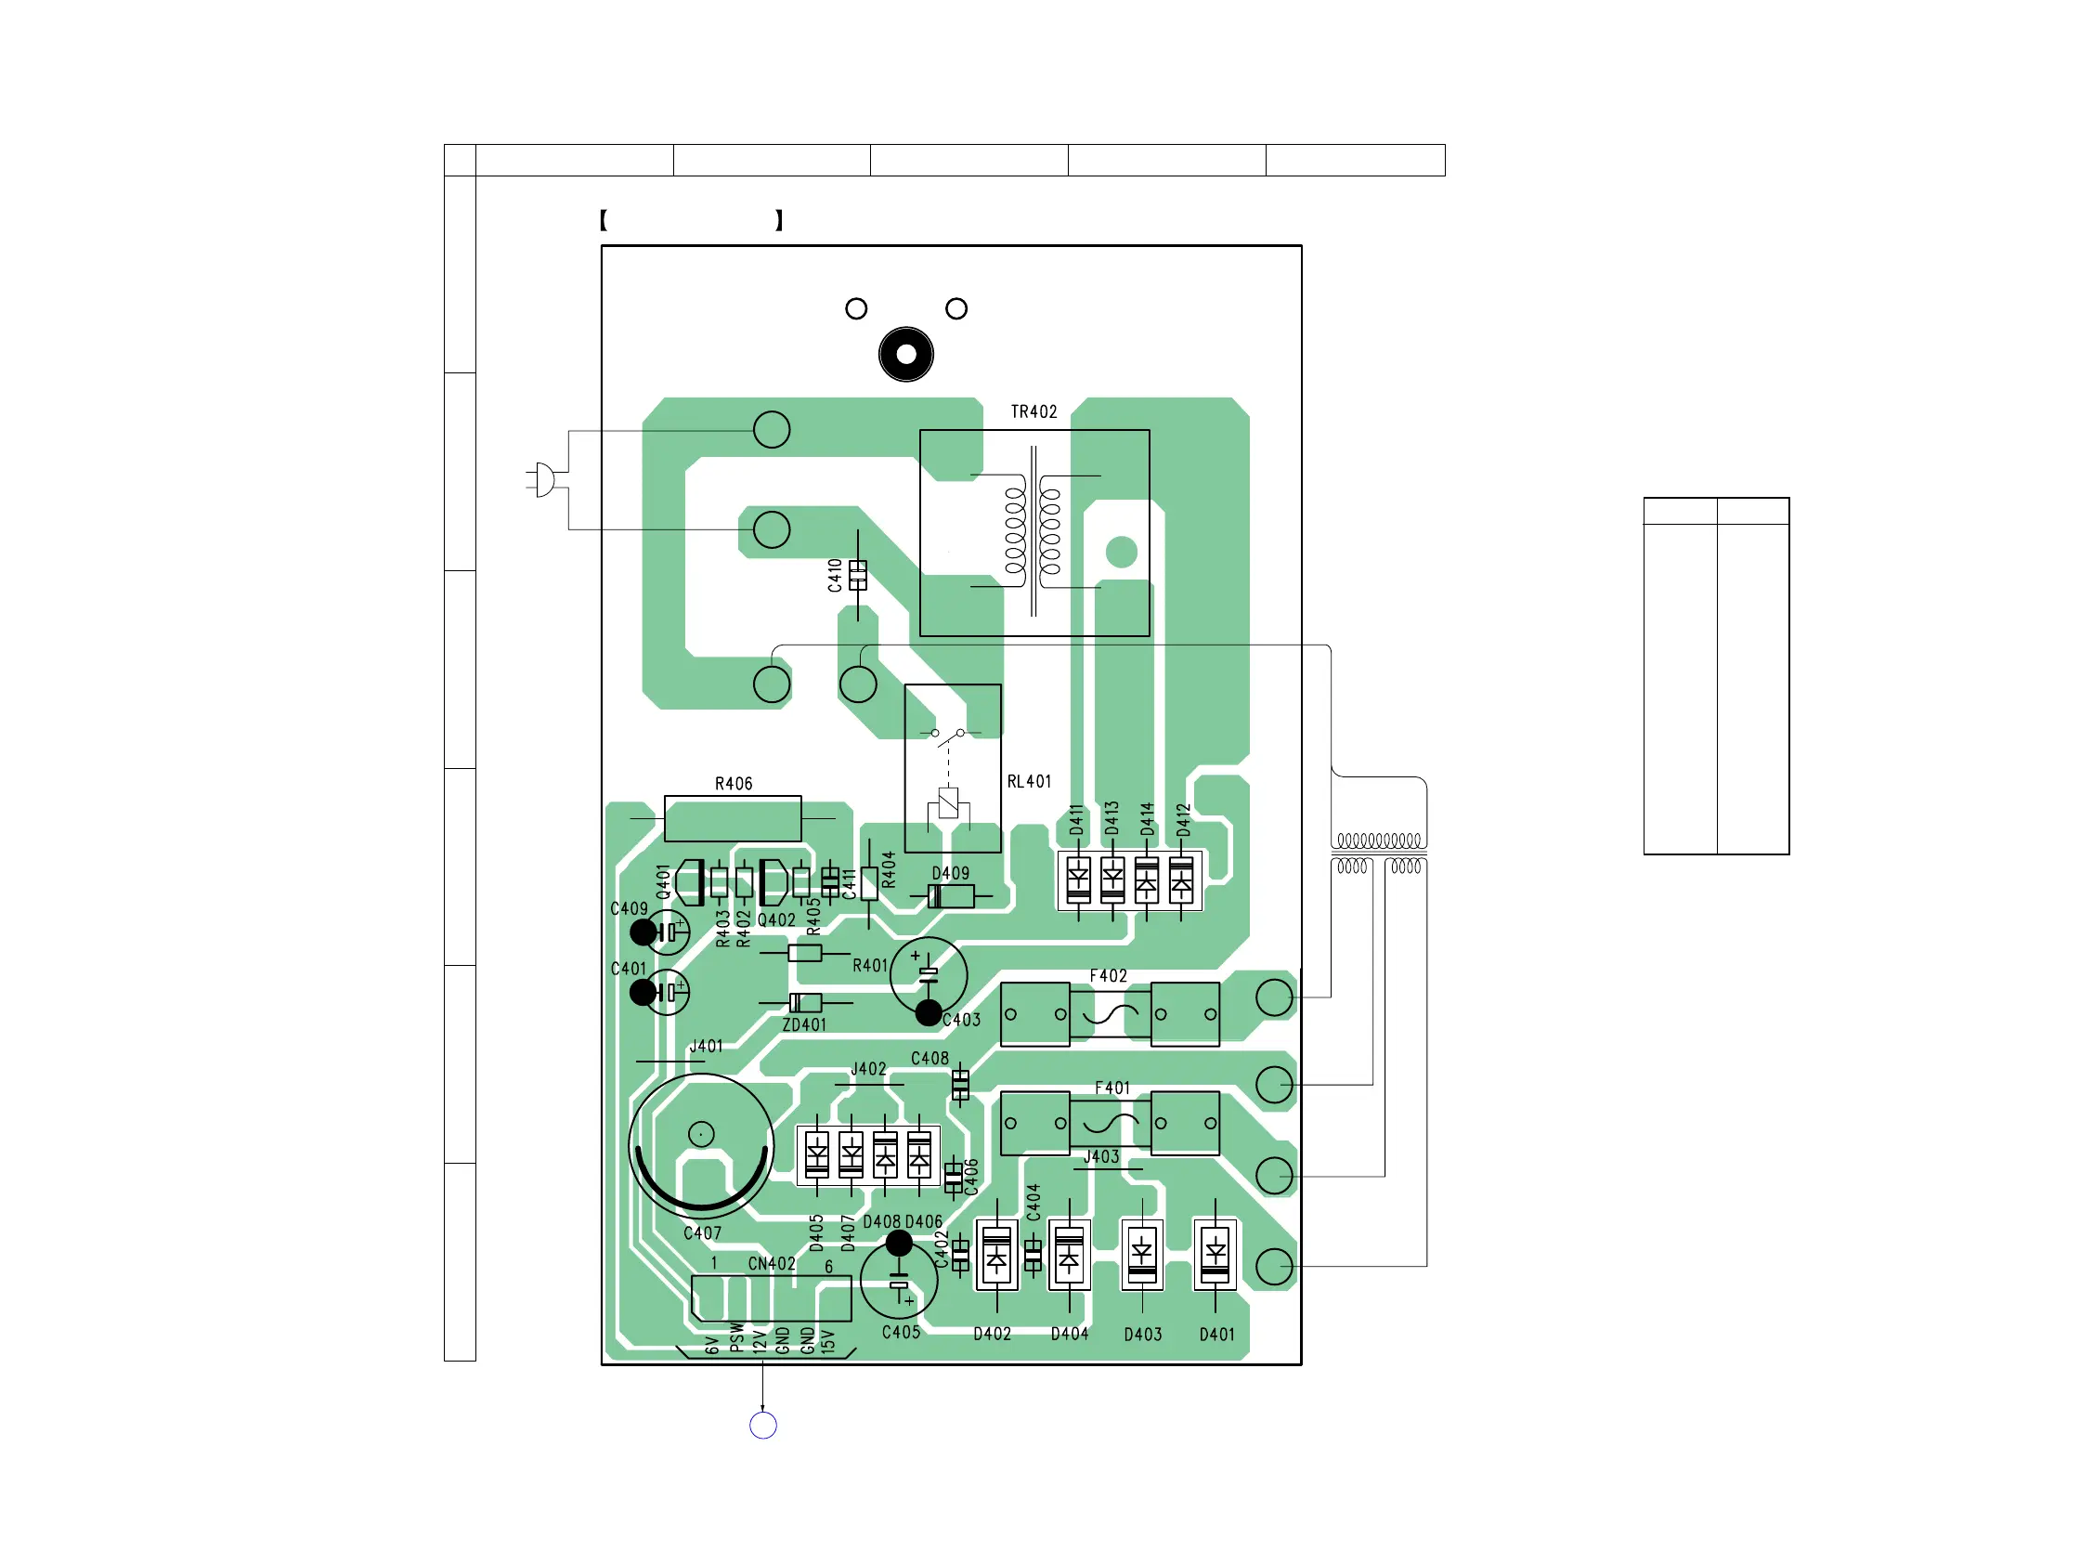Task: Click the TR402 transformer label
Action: pos(1033,412)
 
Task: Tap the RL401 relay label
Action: pos(1029,781)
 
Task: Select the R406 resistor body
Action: pos(733,818)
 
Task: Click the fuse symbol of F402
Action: pos(1110,1014)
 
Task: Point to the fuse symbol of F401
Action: pos(1110,1123)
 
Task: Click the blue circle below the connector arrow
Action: pos(762,1426)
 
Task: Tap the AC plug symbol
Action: pos(542,479)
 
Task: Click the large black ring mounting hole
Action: pos(905,355)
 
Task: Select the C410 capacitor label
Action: pos(835,576)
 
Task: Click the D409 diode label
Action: pos(950,874)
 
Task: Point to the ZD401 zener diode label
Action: pos(804,1025)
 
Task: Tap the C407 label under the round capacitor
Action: pos(702,1233)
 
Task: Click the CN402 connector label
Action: pos(771,1263)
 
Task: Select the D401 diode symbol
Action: pos(1215,1254)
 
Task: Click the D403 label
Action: pos(1142,1335)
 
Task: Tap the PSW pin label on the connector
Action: pos(736,1336)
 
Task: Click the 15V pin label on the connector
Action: pos(827,1341)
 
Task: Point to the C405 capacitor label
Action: pos(901,1333)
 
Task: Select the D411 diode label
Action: pos(1076,820)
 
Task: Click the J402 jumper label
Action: pos(868,1069)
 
